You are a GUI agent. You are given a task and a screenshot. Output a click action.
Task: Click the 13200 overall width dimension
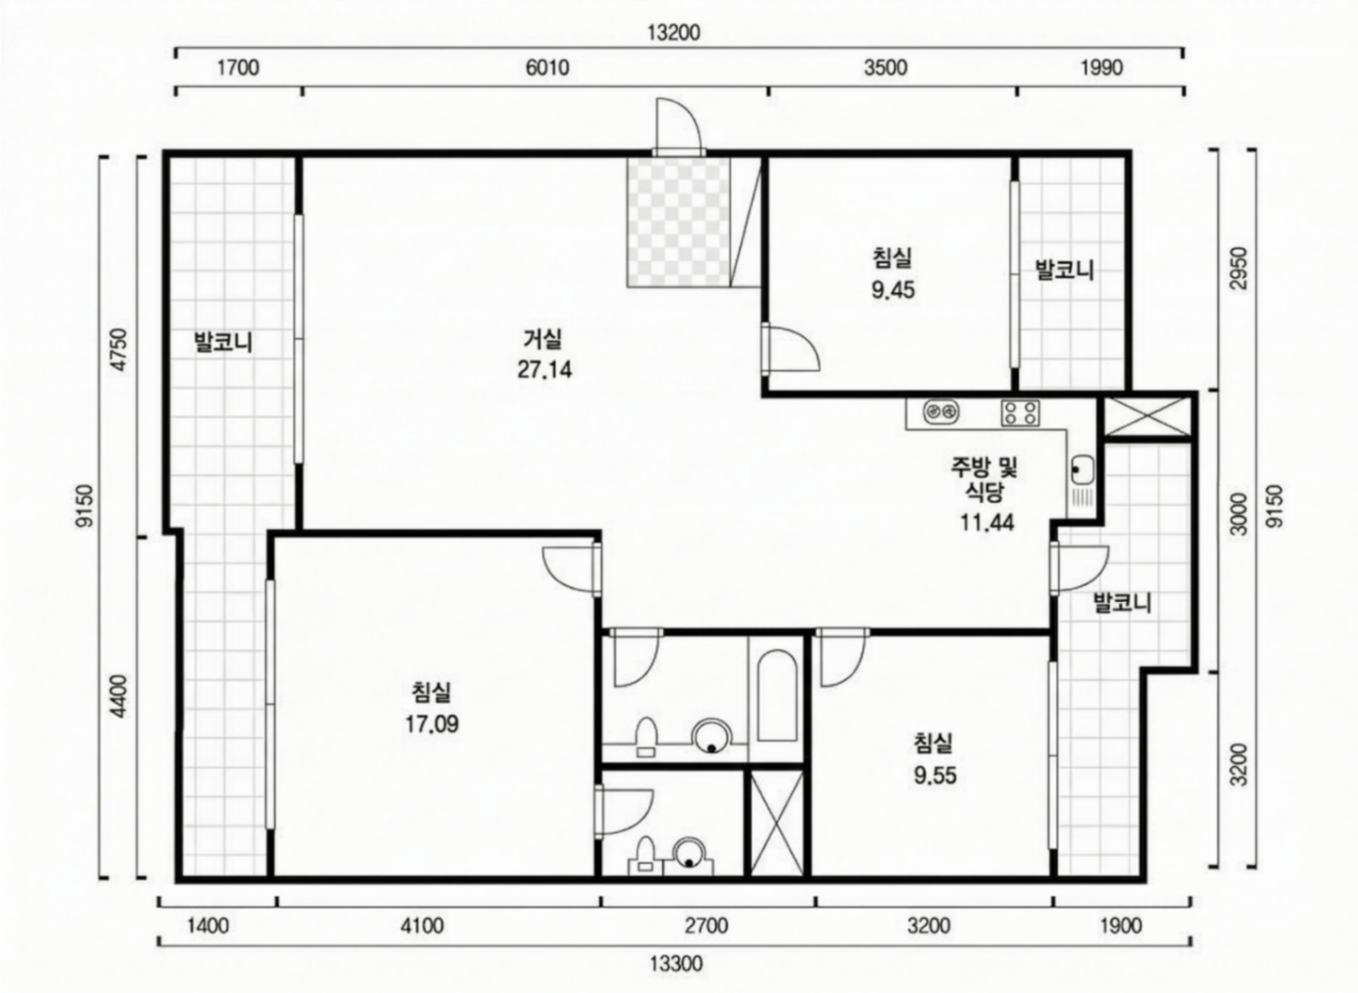point(674,32)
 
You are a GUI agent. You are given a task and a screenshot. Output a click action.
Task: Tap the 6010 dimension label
point(547,68)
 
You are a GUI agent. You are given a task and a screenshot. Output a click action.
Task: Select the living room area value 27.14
point(544,369)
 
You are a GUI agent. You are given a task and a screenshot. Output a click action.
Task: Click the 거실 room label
point(543,338)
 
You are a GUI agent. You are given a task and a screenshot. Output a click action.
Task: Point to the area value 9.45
point(893,290)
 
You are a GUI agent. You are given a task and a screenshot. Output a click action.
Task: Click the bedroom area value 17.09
point(431,724)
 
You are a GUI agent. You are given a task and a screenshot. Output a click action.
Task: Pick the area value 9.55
point(935,776)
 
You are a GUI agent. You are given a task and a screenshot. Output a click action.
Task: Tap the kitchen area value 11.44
point(987,522)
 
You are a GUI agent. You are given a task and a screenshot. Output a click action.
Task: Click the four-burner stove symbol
point(1021,413)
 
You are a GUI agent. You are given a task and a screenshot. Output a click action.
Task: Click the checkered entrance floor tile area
point(678,222)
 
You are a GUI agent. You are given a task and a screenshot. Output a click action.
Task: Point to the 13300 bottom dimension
point(676,963)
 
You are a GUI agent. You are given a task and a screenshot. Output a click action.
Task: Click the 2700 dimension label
point(706,926)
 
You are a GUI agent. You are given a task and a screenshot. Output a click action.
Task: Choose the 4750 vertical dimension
point(120,349)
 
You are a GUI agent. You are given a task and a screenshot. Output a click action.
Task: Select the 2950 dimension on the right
point(1240,268)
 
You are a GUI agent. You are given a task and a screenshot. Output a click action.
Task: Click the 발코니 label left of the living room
point(223,342)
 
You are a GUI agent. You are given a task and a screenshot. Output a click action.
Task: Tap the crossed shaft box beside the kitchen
point(1146,416)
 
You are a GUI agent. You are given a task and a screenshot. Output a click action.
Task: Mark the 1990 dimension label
point(1102,68)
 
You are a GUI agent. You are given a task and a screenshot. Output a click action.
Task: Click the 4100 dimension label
point(422,926)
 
